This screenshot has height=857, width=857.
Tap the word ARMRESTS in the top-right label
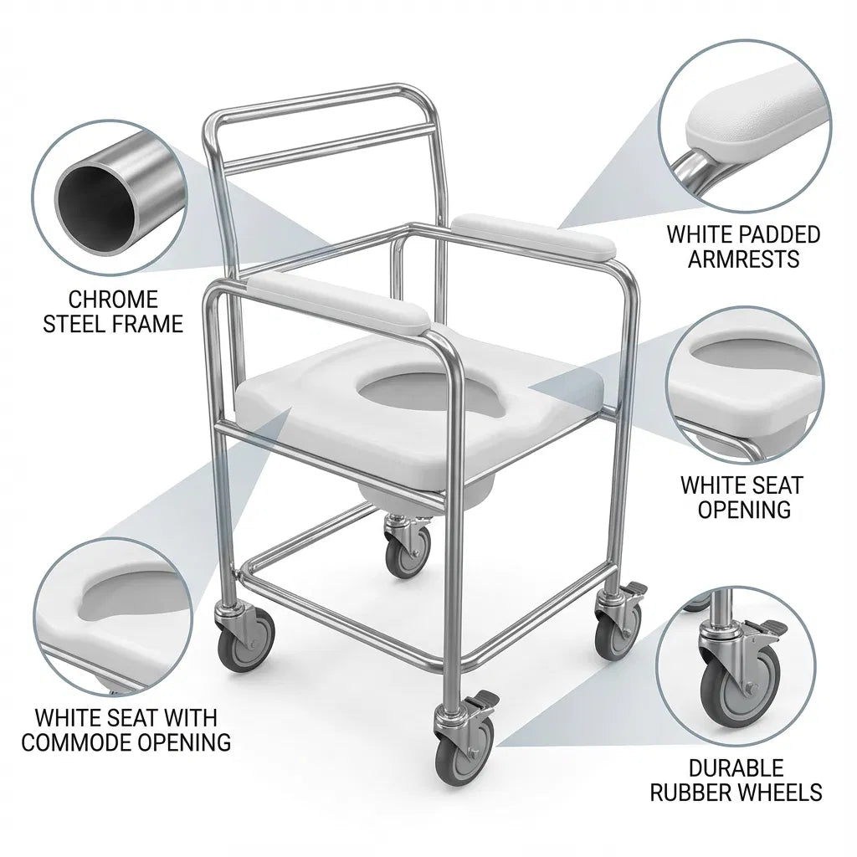tap(744, 258)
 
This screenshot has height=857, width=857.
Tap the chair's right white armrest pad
tap(536, 234)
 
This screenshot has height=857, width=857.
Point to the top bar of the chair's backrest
tap(322, 97)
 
